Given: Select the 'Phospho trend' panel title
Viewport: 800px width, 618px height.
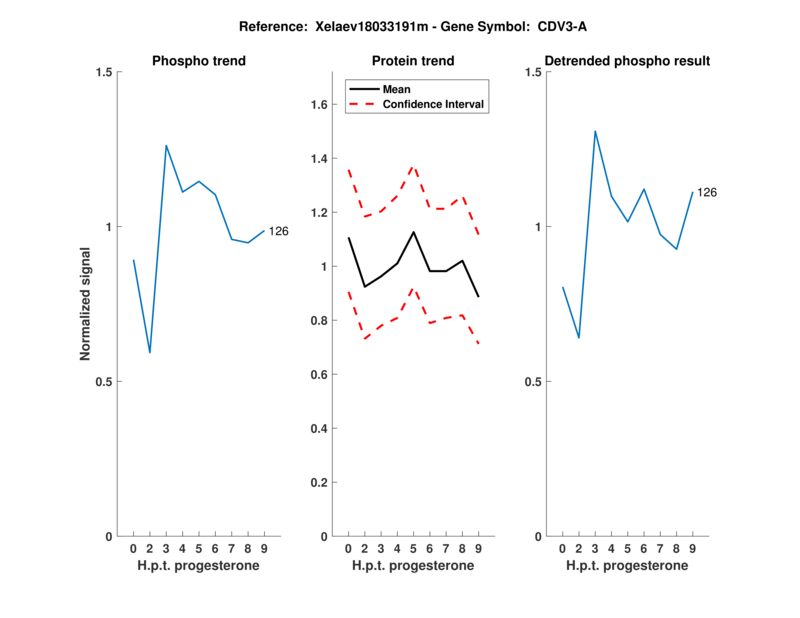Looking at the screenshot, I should click(199, 61).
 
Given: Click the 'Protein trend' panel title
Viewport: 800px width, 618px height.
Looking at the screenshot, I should click(413, 61).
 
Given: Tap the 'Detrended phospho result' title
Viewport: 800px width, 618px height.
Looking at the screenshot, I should click(628, 61).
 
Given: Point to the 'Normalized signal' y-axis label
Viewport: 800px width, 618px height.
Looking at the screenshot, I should click(86, 304).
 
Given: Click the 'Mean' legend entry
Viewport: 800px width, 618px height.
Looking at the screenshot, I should click(397, 89).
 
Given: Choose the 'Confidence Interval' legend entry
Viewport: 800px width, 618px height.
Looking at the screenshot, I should click(434, 104).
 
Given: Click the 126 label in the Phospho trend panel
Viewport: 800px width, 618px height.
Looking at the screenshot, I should click(279, 232).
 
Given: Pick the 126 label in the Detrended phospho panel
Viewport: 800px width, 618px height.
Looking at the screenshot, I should click(707, 192).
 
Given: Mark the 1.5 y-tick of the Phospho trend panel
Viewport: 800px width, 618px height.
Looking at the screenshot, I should click(104, 72).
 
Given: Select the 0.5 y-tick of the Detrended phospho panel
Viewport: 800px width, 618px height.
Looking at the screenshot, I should click(533, 382).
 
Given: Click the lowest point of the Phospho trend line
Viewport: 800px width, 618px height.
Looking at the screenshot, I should click(150, 352).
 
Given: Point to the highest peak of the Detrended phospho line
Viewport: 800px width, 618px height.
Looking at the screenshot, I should click(595, 131).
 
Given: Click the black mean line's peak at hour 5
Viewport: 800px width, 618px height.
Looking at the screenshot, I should click(413, 232).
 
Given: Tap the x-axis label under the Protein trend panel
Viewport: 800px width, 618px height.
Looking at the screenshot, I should click(413, 566).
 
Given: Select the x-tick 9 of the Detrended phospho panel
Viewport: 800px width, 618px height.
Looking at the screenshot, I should click(692, 549).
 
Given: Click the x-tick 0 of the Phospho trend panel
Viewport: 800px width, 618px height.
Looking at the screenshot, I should click(134, 549).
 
